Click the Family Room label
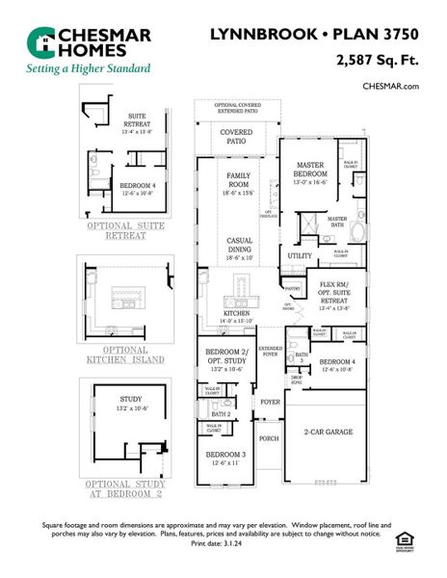pos(239,180)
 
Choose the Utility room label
pos(300,255)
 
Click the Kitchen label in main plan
pos(237,314)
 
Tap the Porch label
pos(269,438)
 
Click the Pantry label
pos(294,287)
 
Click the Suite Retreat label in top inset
pos(138,120)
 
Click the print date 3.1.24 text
pos(223,544)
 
